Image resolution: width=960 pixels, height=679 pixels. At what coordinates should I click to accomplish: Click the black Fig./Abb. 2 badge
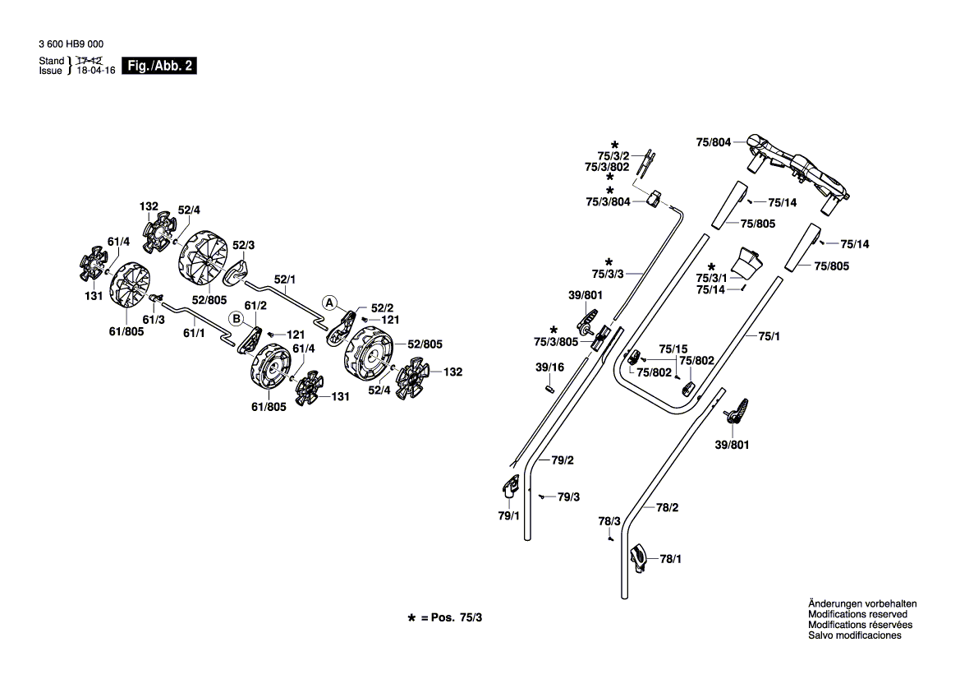[x=159, y=66]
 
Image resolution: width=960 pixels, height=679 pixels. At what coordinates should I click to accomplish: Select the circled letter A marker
[x=329, y=303]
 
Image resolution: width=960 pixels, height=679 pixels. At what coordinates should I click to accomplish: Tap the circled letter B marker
[x=237, y=319]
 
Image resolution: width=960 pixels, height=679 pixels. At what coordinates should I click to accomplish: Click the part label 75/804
[x=714, y=142]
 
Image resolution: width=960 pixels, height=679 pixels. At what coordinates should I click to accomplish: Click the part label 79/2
[x=562, y=460]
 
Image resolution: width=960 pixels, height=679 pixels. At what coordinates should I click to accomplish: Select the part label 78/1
[x=670, y=559]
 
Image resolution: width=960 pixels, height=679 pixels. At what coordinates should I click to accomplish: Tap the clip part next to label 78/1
[x=638, y=557]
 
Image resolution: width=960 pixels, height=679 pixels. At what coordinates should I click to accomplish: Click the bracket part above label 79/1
[x=509, y=487]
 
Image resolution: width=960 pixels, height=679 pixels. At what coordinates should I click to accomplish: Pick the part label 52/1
[x=285, y=279]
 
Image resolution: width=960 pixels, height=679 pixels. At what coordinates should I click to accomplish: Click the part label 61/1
[x=194, y=333]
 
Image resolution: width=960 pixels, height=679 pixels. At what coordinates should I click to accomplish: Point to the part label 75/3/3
[x=608, y=274]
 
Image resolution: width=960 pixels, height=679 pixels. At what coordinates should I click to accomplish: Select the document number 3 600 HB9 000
[x=71, y=44]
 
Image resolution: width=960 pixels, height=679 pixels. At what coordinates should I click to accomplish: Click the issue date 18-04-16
[x=95, y=71]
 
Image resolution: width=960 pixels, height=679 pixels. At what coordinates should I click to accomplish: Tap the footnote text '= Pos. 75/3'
[x=451, y=617]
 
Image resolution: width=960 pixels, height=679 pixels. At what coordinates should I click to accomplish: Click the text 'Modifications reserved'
[x=857, y=614]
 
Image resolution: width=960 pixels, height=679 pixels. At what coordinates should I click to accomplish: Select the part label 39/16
[x=549, y=367]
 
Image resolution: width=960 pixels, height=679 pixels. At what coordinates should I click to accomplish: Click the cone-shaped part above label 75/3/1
[x=748, y=262]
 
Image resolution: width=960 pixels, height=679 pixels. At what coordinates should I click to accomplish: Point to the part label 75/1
[x=769, y=336]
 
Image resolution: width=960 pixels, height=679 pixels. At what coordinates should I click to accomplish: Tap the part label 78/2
[x=668, y=507]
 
